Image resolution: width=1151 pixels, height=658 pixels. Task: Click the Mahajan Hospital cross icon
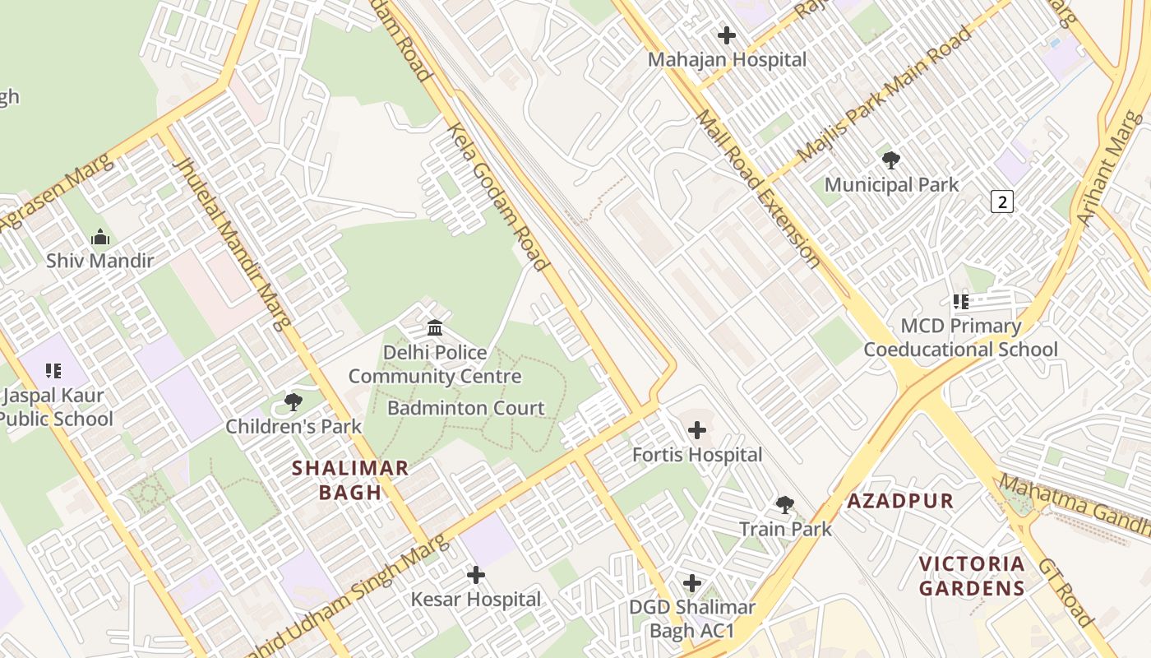(727, 35)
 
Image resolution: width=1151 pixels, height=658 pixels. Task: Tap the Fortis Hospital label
(697, 454)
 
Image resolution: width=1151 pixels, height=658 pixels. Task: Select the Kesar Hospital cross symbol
(476, 575)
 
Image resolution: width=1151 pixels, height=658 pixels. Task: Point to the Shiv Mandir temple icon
(100, 237)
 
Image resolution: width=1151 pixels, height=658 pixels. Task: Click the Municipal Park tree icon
(890, 160)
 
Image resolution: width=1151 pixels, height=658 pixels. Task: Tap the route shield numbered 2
(1001, 201)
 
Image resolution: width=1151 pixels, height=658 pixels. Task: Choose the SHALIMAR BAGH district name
(351, 480)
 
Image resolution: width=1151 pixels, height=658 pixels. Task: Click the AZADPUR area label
(900, 501)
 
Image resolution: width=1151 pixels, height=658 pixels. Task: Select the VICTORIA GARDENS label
(972, 576)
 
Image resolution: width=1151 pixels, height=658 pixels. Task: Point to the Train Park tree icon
(785, 504)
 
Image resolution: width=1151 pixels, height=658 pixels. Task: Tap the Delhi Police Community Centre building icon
(435, 328)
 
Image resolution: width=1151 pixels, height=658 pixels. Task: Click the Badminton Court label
(465, 408)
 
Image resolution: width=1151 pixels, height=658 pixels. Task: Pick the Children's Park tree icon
(293, 402)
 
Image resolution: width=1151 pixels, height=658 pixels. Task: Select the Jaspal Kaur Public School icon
(53, 371)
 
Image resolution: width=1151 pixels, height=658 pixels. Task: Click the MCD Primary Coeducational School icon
(960, 302)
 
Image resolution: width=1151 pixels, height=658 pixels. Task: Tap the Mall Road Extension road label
(757, 189)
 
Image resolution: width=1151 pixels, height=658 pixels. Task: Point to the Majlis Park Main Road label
(884, 95)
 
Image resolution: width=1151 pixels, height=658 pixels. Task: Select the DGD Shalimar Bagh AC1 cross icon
(692, 583)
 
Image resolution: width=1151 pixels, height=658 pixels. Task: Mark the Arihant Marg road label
(1110, 169)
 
